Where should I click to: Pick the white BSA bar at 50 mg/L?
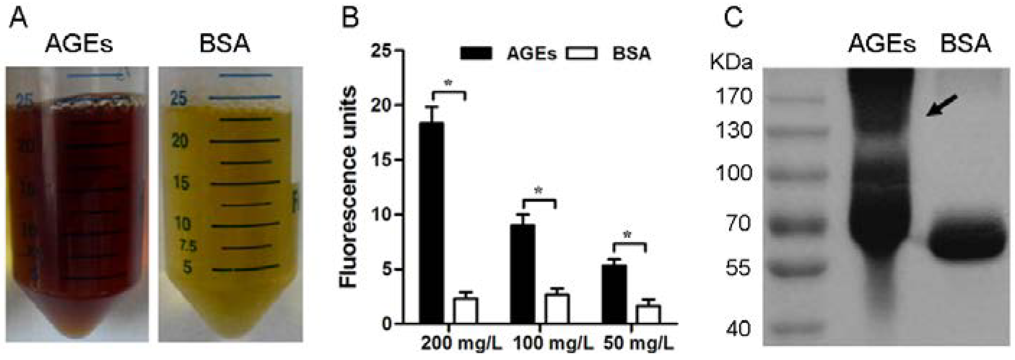click(649, 314)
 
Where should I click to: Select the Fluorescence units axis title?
click(348, 187)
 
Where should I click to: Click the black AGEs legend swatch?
click(476, 53)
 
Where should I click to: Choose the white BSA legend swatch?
click(581, 53)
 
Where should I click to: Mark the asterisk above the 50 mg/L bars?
click(627, 236)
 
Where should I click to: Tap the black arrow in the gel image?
click(941, 105)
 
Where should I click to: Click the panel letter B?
click(350, 18)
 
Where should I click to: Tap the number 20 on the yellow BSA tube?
click(180, 141)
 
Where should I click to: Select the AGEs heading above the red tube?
click(79, 43)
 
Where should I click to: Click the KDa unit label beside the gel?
click(731, 63)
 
